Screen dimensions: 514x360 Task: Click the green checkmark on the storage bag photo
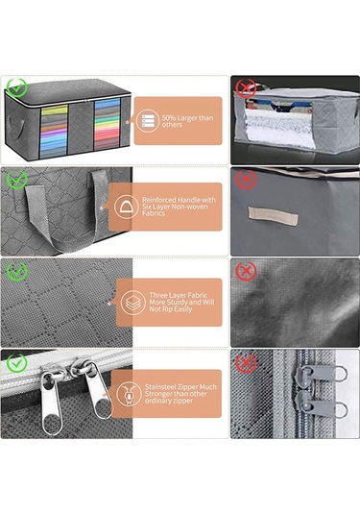tap(15, 88)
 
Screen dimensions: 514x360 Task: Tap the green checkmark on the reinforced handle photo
tap(15, 179)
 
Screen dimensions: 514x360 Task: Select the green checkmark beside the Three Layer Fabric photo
tap(15, 270)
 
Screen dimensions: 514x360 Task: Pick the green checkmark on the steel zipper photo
tap(15, 362)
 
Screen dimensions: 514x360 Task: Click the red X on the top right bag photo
tap(247, 88)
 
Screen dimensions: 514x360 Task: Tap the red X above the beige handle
tap(247, 179)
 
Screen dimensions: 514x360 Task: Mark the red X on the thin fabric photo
tap(247, 270)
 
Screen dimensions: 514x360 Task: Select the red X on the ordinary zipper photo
tap(247, 362)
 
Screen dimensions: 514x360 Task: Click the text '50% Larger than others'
tap(188, 121)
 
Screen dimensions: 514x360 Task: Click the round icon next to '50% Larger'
tap(148, 120)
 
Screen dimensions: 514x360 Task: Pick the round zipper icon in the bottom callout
tap(127, 394)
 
